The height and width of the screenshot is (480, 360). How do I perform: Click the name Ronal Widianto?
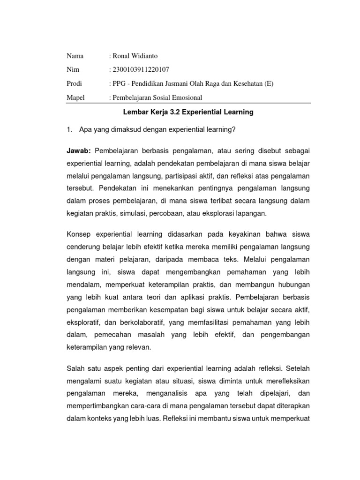pos(133,56)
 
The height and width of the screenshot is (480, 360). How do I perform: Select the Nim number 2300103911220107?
pos(139,70)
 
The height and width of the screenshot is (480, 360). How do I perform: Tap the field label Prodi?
pos(74,84)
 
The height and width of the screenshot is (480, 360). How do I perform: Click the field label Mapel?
pos(75,97)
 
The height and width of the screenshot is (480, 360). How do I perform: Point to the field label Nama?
pos(75,56)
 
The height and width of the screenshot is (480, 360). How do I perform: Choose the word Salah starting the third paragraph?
pos(77,368)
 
